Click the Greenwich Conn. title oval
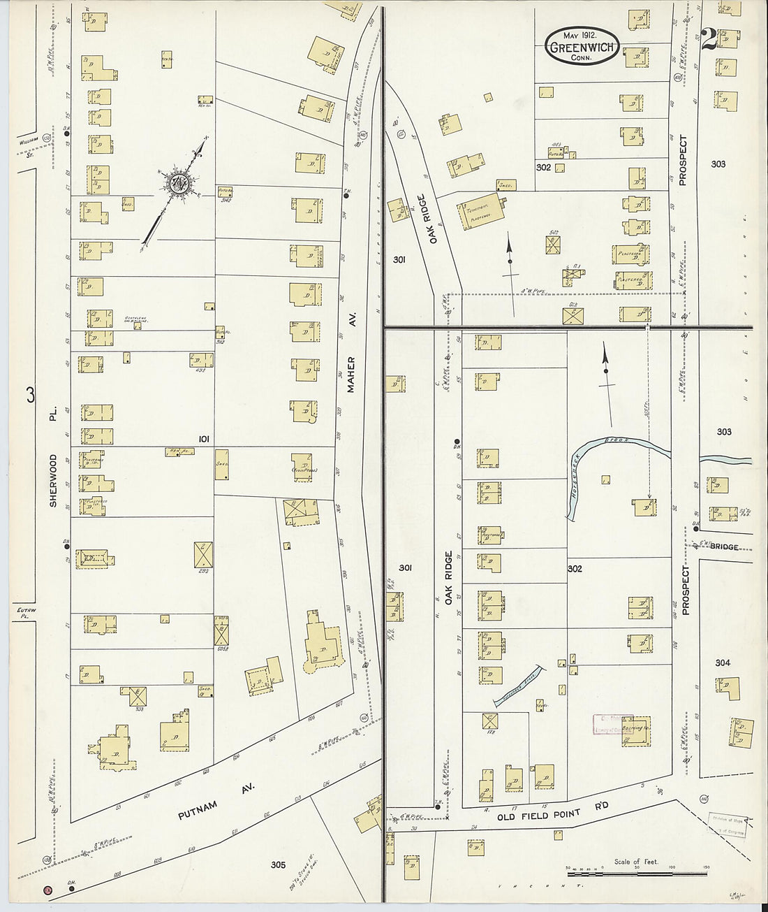[582, 47]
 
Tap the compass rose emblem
[177, 184]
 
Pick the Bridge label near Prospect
[724, 547]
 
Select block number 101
[204, 439]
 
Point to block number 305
[278, 865]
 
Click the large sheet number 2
[708, 40]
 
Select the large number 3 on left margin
[30, 396]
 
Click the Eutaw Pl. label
[25, 613]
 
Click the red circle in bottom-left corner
[47, 890]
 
